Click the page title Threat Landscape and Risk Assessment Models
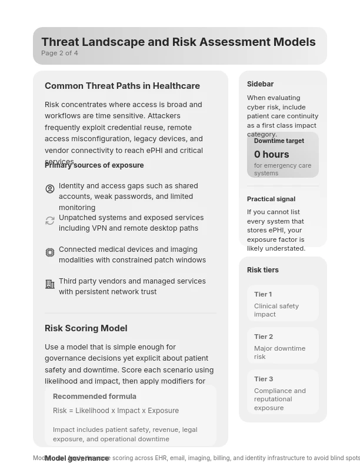[x=178, y=42]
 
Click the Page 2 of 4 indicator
[x=59, y=53]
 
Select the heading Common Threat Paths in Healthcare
[x=122, y=86]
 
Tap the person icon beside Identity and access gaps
[x=50, y=189]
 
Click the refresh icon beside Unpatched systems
[x=50, y=221]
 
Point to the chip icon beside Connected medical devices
[x=50, y=252]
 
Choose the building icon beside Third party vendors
[x=50, y=284]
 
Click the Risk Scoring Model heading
[x=86, y=328]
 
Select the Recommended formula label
[x=95, y=397]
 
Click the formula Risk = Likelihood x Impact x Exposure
[x=116, y=411]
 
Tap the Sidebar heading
[x=260, y=84]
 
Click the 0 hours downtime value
[x=271, y=154]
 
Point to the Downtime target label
[x=279, y=141]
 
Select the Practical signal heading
[x=271, y=199]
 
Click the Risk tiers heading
[x=263, y=270]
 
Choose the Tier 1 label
[x=263, y=294]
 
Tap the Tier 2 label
[x=264, y=337]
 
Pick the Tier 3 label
[x=264, y=379]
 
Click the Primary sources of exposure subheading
[x=94, y=165]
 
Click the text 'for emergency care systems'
[x=282, y=169]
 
